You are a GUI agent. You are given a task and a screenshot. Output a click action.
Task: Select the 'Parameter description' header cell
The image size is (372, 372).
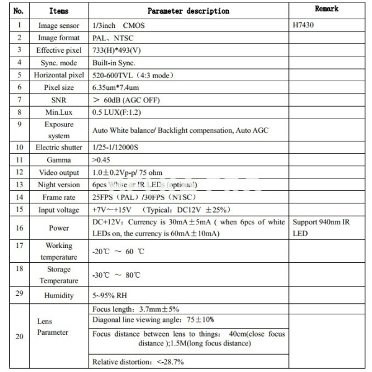[x=188, y=11]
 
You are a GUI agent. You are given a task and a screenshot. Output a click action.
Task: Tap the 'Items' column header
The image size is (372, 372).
[x=58, y=11]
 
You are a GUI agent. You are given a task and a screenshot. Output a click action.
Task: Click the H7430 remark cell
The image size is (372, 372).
[x=306, y=26]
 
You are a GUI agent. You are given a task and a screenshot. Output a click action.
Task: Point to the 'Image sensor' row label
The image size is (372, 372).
[x=58, y=26]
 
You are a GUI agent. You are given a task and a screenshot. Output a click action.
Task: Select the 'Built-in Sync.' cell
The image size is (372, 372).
[x=113, y=63]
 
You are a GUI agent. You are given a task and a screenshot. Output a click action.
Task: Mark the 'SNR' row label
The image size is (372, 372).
[x=58, y=100]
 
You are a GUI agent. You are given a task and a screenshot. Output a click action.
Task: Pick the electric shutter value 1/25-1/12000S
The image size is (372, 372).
[x=120, y=148]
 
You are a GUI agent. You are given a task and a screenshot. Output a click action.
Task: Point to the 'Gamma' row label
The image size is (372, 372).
[x=58, y=159]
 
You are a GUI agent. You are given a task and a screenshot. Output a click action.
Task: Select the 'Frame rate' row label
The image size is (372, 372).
[x=58, y=197]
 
